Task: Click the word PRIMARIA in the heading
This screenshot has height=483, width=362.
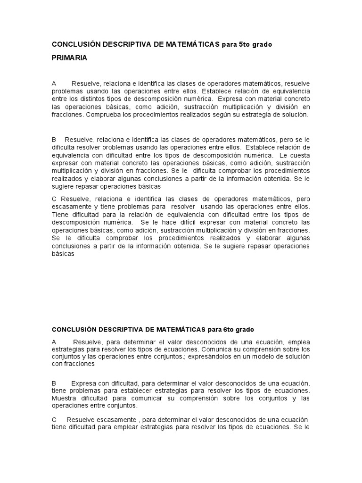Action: (x=69, y=58)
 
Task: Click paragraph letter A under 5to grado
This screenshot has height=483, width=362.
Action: (x=54, y=83)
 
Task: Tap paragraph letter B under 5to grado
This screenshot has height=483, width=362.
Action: (x=54, y=140)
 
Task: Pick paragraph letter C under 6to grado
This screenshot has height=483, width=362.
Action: (x=54, y=420)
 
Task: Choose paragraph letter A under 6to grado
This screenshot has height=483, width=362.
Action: (x=54, y=341)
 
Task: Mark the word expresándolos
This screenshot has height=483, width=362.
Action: (x=206, y=357)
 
